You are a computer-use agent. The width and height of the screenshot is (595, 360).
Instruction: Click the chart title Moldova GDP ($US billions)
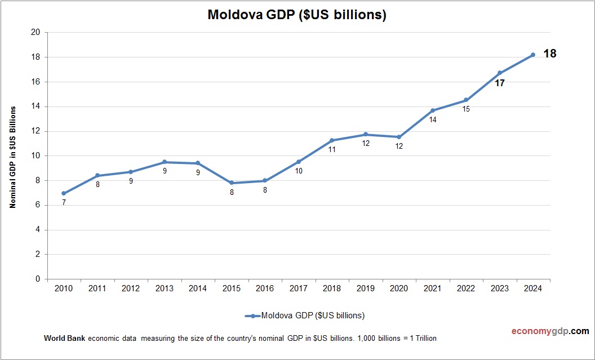point(297,15)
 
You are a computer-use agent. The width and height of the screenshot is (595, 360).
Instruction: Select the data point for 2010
point(64,193)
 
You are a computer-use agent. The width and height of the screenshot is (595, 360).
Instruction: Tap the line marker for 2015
point(232,183)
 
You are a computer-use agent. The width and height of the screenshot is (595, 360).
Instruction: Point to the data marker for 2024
point(533,55)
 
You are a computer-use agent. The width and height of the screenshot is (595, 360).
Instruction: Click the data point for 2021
point(433,110)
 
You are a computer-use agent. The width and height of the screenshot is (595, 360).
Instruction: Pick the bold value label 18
point(550,54)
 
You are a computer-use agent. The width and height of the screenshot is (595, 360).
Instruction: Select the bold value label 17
point(499,83)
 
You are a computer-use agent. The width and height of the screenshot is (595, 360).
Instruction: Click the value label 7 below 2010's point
point(64,202)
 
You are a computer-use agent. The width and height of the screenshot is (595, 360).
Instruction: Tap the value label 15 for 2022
point(466,109)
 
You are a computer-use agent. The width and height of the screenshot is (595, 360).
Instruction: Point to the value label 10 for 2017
point(299,171)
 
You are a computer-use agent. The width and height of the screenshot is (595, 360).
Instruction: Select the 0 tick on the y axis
point(38,279)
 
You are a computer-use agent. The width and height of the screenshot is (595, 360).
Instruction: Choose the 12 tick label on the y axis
point(35,131)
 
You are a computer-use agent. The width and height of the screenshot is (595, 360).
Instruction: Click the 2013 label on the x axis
point(164,288)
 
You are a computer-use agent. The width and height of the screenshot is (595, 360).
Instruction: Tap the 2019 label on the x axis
point(365,288)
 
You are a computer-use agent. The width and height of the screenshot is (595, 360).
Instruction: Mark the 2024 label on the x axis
point(533,288)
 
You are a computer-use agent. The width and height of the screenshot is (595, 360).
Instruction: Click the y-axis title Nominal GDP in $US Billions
point(12,156)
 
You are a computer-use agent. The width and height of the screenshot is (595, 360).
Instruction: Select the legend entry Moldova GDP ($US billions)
point(312,315)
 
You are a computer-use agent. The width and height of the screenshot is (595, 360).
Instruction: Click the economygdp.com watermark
point(542,331)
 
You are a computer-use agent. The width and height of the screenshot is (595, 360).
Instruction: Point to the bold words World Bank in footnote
point(63,339)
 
